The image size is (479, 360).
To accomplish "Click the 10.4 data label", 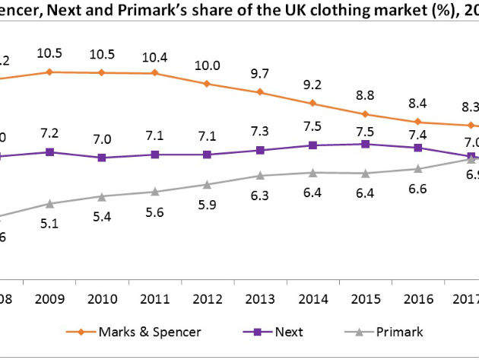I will click(x=154, y=57).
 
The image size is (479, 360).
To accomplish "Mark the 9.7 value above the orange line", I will click(x=260, y=75).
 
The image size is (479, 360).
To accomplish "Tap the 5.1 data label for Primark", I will click(x=49, y=224).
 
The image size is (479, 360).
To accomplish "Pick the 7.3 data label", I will click(x=260, y=132).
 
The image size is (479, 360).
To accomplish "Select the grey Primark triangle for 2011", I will click(x=154, y=192).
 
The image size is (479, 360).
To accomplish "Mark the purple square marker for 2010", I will click(x=102, y=158).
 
